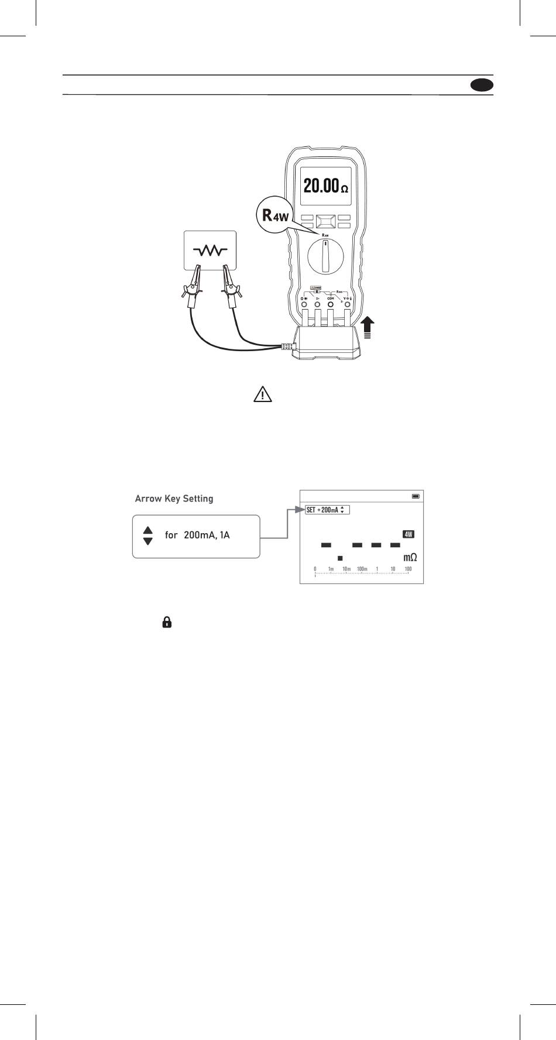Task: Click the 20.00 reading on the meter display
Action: coord(321,186)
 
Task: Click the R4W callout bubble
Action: coord(275,215)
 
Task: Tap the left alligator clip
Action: coord(191,289)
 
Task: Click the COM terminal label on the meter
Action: coord(330,298)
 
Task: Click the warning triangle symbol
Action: coord(263,394)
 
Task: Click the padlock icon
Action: coord(167,623)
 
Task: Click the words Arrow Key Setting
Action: coord(174,499)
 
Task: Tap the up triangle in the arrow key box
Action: coord(148,530)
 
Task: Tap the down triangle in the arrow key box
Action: coord(148,541)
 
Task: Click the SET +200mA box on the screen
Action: coord(327,510)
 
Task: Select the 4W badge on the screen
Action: coord(409,534)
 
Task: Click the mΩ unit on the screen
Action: coord(410,558)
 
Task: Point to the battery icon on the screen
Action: coord(416,496)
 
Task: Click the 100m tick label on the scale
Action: coord(362,569)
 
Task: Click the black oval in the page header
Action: coord(481,85)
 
